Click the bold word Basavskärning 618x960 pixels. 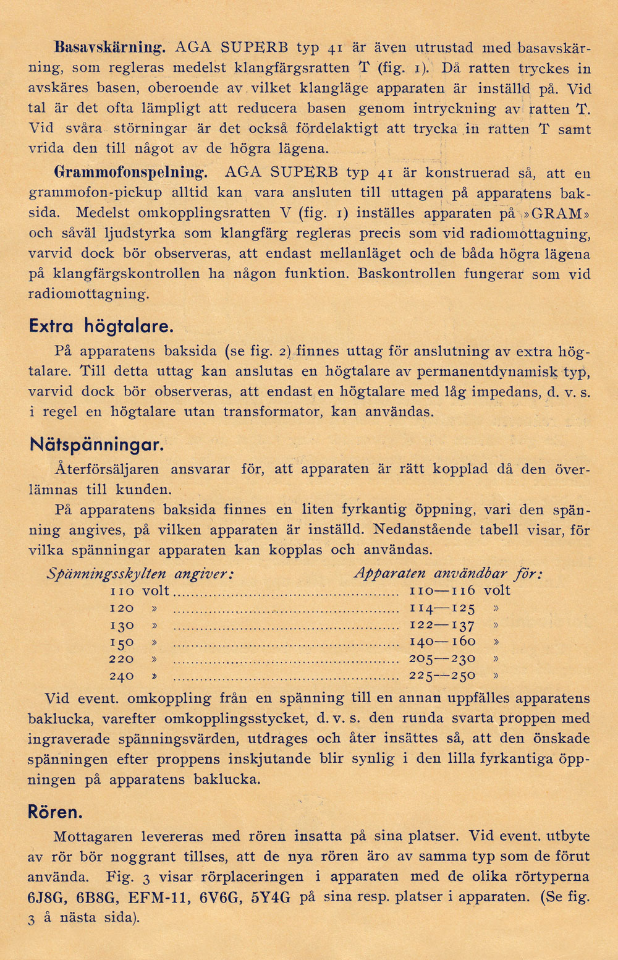(110, 48)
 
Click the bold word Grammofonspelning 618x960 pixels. (130, 172)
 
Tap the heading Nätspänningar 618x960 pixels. (96, 444)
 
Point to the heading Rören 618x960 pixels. (55, 812)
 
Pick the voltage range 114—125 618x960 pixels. (442, 608)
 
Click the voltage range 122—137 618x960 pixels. (442, 625)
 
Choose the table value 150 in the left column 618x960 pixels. (122, 642)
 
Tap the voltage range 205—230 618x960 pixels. (442, 659)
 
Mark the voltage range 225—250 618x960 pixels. (442, 676)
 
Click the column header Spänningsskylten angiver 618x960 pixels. (140, 574)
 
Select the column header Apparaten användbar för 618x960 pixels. (448, 574)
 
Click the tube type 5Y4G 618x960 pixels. (271, 898)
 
